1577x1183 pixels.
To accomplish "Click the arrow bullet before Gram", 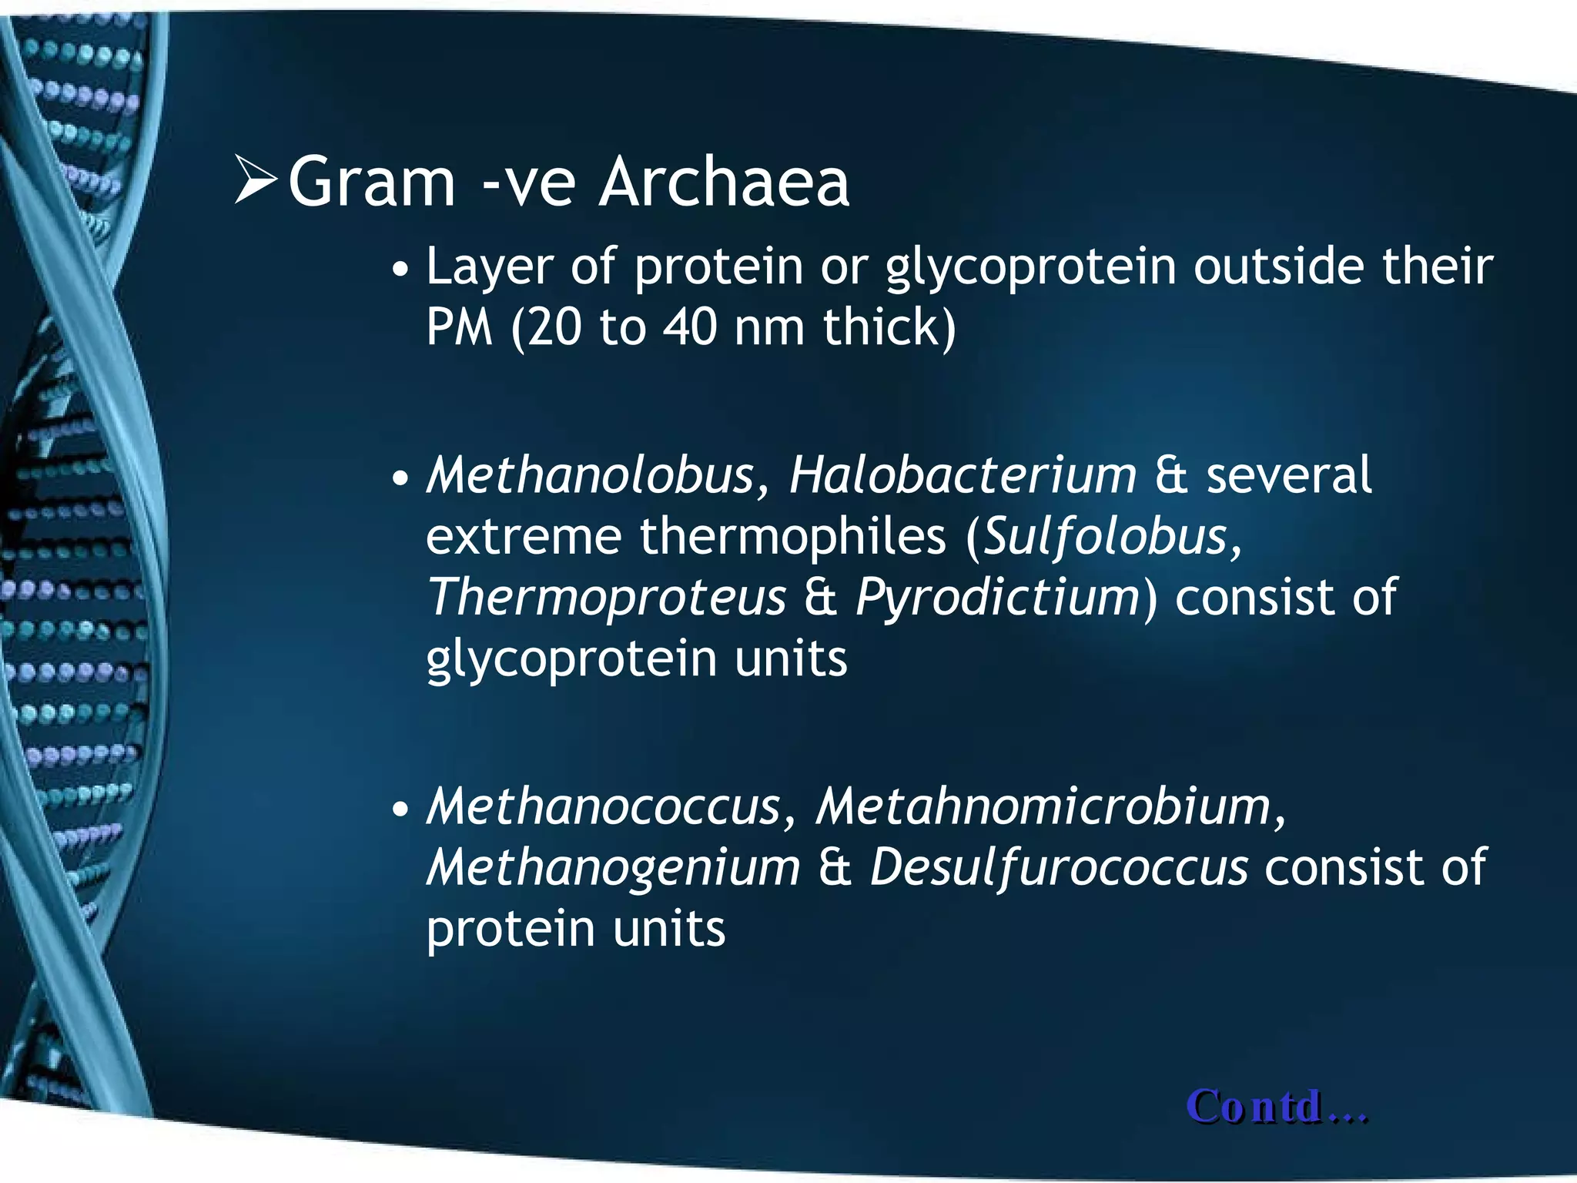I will [256, 180].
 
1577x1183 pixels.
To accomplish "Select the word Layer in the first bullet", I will [489, 267].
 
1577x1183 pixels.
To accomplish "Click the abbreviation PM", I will [459, 327].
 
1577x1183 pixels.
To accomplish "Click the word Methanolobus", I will [591, 475].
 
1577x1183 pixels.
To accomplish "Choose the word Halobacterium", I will [963, 475].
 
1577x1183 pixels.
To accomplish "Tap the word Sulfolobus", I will [1106, 536].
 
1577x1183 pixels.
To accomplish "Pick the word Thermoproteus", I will [607, 598].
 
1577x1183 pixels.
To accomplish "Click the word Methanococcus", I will [604, 807].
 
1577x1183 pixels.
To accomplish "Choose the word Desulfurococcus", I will [1059, 868].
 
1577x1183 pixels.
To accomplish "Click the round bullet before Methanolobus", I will [400, 479].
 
